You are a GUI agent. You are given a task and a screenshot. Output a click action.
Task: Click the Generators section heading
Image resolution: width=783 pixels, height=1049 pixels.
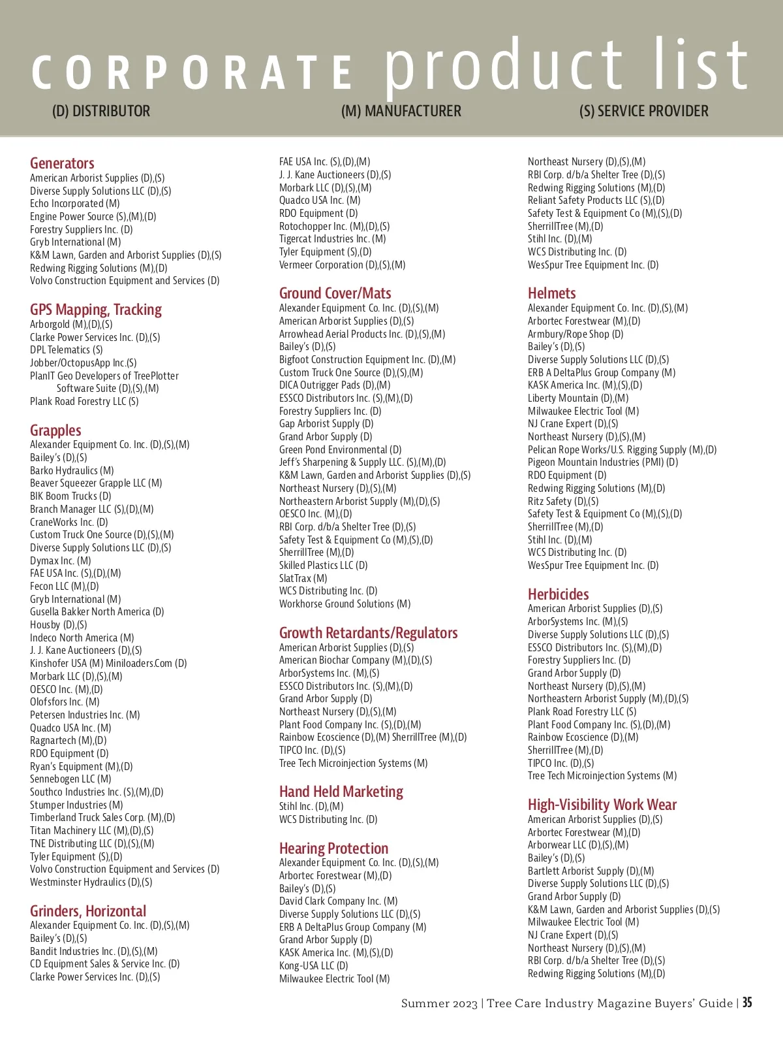(62, 163)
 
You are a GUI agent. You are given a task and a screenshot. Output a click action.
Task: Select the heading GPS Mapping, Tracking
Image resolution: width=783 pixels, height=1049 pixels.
(96, 310)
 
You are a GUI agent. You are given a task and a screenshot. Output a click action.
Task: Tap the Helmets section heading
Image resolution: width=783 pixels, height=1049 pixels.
(551, 293)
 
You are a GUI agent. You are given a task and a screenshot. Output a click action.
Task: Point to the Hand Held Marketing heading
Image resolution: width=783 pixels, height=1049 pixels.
(341, 792)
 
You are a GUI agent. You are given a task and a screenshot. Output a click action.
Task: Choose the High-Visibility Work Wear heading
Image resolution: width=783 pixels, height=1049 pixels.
(602, 805)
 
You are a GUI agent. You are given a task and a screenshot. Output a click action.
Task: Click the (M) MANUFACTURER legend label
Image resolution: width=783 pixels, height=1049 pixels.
(401, 111)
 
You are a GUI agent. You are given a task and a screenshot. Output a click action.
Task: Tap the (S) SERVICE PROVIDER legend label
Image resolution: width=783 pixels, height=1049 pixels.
(643, 111)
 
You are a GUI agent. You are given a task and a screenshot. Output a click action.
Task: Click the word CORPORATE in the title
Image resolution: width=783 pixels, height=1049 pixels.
(192, 73)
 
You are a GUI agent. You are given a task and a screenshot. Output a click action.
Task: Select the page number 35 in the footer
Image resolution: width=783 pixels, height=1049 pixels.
(747, 1003)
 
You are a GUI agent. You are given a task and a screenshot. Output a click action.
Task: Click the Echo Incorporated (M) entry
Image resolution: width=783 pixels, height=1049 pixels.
(75, 204)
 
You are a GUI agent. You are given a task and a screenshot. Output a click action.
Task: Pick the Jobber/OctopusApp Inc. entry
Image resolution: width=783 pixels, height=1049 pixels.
(83, 363)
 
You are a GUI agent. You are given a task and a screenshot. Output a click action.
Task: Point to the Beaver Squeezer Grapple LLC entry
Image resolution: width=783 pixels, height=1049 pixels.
(96, 483)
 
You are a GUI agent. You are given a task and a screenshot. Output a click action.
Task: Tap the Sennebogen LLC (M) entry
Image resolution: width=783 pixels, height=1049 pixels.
(70, 779)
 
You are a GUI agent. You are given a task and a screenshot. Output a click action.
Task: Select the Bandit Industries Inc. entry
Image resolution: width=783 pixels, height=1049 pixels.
(93, 952)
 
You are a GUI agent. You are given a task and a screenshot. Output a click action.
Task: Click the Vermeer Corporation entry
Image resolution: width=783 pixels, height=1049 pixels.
(342, 265)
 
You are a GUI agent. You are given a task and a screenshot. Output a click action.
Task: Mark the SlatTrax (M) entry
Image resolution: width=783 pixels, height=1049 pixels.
(303, 578)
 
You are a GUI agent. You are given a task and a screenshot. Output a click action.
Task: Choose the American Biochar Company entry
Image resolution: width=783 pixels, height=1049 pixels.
(355, 660)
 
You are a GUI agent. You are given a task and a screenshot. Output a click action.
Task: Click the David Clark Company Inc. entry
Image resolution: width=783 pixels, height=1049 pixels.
(338, 901)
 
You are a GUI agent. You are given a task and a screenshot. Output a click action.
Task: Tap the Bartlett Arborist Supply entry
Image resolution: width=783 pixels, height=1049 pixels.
(591, 871)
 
